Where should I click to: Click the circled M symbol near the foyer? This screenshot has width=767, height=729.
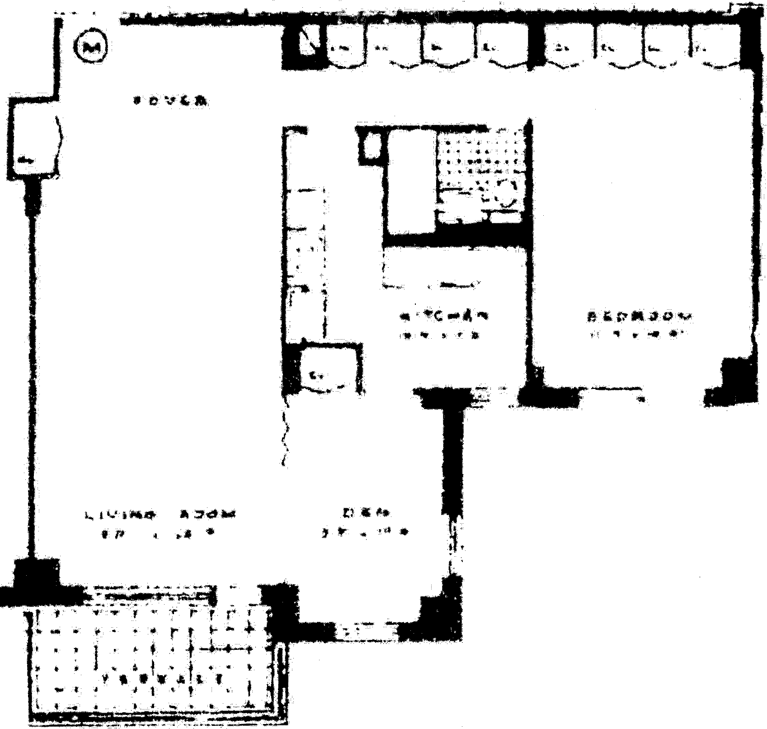coord(92,47)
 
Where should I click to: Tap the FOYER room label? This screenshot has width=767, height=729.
coord(171,101)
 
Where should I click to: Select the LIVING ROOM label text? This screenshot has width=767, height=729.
coord(160,514)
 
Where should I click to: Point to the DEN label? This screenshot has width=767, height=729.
coord(367,513)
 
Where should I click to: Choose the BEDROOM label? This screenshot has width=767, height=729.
coord(639,316)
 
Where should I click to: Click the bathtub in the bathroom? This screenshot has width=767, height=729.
coord(411,181)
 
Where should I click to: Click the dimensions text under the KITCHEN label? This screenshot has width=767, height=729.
coord(441,336)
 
